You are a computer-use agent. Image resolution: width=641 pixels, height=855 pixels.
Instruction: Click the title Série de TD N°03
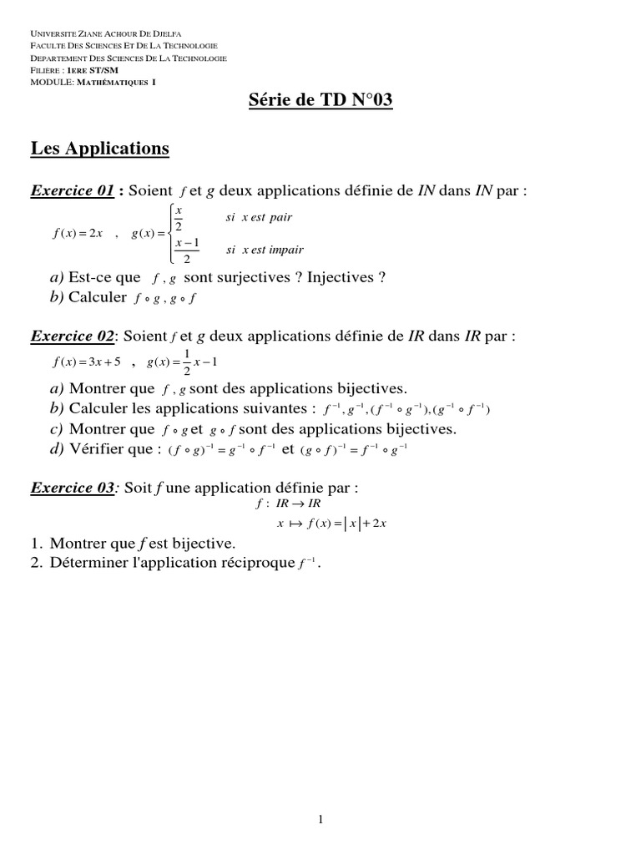pyautogui.click(x=320, y=102)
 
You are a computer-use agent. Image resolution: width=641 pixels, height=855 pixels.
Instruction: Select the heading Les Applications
pyautogui.click(x=100, y=149)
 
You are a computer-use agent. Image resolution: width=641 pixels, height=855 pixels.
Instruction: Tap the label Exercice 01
pyautogui.click(x=72, y=191)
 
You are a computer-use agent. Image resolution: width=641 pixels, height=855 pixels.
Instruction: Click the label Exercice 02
pyautogui.click(x=72, y=336)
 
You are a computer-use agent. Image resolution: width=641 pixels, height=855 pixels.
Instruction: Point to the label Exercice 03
pyautogui.click(x=72, y=488)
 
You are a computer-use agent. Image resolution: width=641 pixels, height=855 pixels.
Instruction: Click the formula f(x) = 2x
pyautogui.click(x=77, y=234)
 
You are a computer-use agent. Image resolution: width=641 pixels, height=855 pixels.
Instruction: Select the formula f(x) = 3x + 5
pyautogui.click(x=86, y=362)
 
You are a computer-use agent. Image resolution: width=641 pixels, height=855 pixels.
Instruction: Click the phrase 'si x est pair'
pyautogui.click(x=259, y=218)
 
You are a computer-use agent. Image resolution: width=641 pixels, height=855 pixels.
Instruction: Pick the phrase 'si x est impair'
pyautogui.click(x=265, y=250)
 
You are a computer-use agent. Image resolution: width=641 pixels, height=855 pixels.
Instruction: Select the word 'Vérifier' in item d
pyautogui.click(x=98, y=449)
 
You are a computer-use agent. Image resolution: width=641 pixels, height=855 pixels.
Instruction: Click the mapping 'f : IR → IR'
pyautogui.click(x=288, y=505)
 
